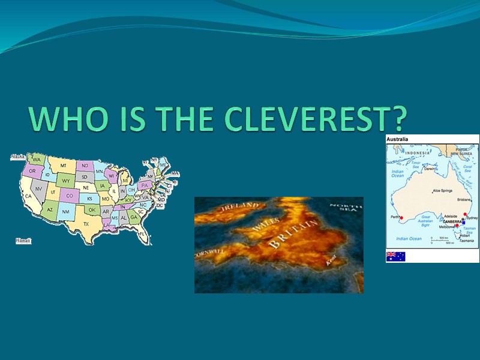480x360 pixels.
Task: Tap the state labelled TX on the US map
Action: pos(86,224)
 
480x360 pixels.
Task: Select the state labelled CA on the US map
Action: pos(28,196)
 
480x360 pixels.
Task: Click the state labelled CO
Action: pos(70,196)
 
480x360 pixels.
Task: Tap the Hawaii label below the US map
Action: pos(23,241)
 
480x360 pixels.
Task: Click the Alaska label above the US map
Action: pos(17,157)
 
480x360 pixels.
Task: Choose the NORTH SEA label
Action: pos(346,208)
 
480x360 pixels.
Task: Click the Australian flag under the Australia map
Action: pos(395,256)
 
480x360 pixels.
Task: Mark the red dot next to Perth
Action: pos(401,218)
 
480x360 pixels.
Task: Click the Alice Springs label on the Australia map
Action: pos(444,191)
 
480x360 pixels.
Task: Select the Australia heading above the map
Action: pos(397,139)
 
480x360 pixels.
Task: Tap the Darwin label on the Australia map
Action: pos(430,169)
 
